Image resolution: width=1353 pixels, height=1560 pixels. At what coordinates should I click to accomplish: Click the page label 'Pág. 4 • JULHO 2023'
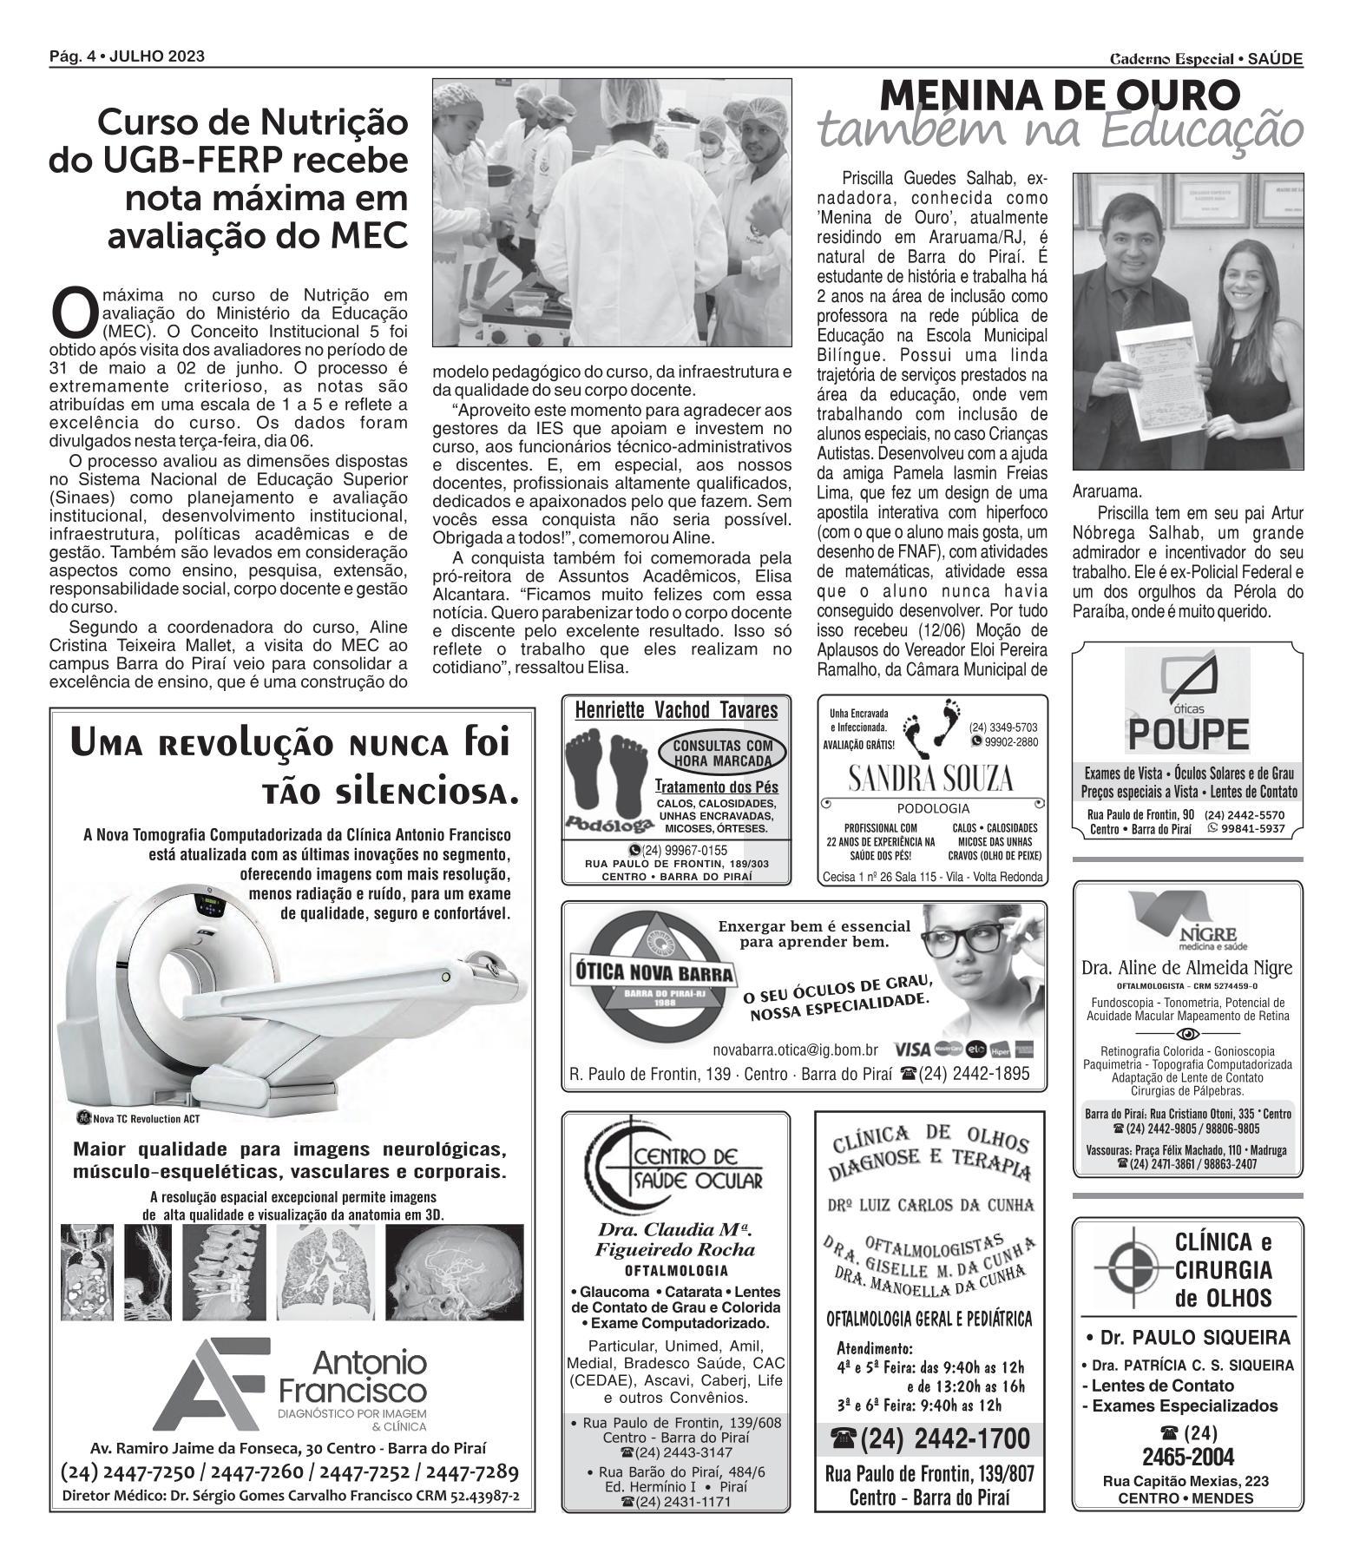point(128,56)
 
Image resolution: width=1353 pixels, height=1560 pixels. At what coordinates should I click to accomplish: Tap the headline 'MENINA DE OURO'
point(1060,95)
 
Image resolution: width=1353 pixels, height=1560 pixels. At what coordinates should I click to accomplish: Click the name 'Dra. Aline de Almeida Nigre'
point(1186,968)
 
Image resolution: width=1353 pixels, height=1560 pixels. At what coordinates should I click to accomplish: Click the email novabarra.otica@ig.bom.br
point(795,1049)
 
